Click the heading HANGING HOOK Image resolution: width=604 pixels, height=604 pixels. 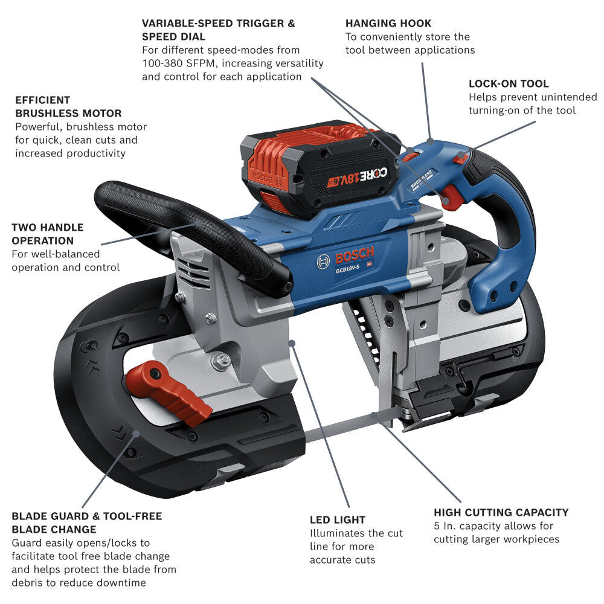tap(388, 24)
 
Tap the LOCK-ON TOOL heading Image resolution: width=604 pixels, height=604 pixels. tap(509, 84)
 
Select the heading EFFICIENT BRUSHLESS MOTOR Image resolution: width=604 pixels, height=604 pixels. tap(68, 107)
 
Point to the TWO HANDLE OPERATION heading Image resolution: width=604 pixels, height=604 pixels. tap(48, 234)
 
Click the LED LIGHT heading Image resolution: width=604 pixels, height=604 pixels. tap(337, 519)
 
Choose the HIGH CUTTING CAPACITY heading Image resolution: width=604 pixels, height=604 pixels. tap(501, 512)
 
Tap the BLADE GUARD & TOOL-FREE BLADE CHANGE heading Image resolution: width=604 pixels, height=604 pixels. tap(86, 523)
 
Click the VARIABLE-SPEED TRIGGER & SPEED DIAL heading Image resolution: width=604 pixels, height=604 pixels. tap(218, 30)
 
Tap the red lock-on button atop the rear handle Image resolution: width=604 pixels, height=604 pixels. tap(461, 159)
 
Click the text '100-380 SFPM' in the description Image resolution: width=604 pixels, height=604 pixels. tap(172, 63)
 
